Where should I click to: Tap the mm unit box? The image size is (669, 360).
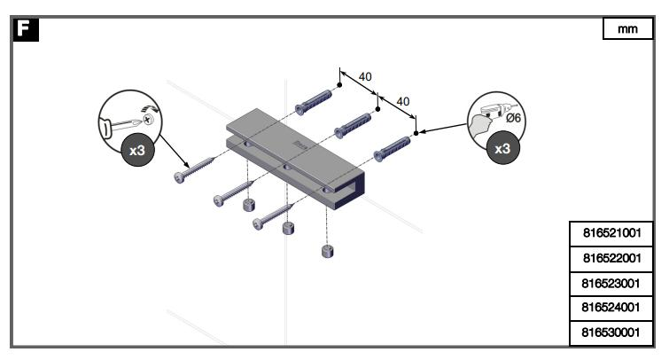coord(627,29)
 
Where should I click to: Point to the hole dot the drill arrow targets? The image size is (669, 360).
coord(416,134)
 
